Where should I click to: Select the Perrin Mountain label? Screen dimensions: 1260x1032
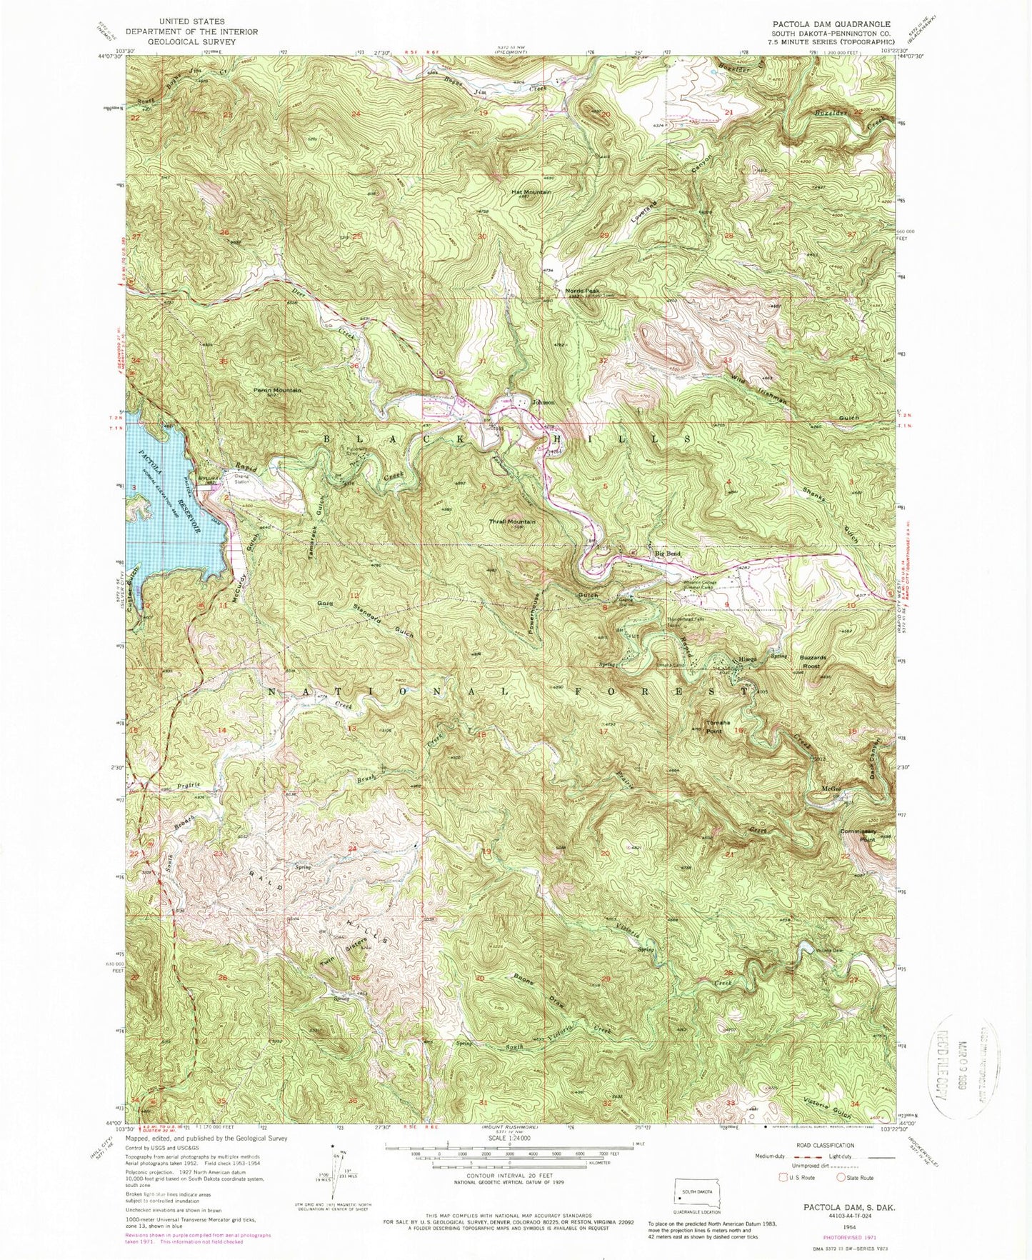pyautogui.click(x=278, y=390)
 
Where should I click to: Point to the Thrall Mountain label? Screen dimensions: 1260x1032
pyautogui.click(x=511, y=521)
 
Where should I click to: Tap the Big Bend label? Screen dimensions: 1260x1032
pyautogui.click(x=668, y=554)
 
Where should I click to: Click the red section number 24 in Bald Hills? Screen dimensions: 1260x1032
pyautogui.click(x=352, y=848)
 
